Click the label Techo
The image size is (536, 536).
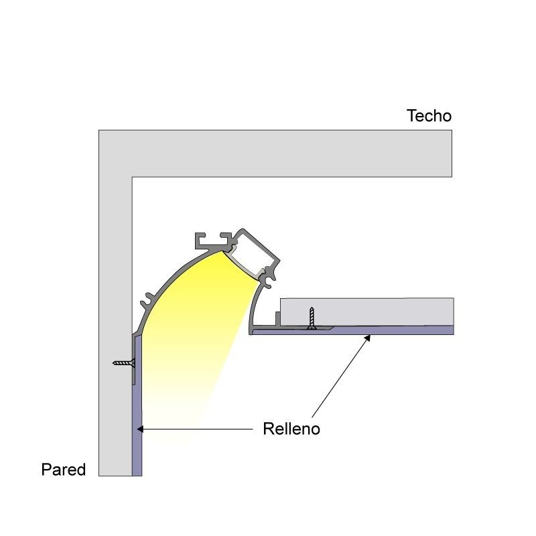[x=429, y=116]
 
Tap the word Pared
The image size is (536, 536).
[x=63, y=470]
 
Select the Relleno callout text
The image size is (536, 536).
[x=291, y=429]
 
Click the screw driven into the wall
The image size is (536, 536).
[x=124, y=362]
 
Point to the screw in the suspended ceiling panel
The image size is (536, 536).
[x=312, y=318]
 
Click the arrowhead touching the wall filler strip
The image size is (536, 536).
[x=140, y=429]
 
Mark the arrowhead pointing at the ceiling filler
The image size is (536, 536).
[x=367, y=338]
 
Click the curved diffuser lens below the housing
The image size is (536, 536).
[x=242, y=264]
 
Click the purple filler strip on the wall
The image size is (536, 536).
[x=137, y=407]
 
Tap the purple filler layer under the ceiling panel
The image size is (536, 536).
[x=352, y=330]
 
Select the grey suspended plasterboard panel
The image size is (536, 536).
[x=366, y=312]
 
